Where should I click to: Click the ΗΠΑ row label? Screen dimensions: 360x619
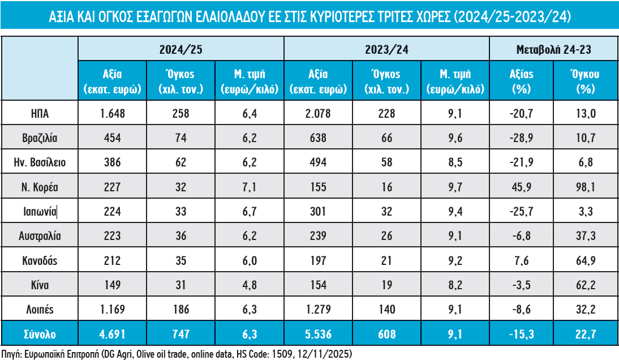click(40, 114)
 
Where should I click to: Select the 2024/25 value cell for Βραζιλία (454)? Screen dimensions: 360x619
click(111, 138)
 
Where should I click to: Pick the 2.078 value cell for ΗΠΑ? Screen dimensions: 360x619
click(318, 114)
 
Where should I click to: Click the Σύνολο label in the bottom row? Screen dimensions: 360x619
click(40, 334)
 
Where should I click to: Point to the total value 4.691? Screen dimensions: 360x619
click(111, 334)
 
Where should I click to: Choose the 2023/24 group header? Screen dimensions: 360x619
click(386, 49)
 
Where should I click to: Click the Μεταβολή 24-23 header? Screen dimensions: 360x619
click(554, 49)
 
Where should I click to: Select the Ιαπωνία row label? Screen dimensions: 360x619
click(40, 212)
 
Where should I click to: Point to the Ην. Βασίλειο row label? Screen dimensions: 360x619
click(40, 163)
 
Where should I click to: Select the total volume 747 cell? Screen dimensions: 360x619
click(180, 334)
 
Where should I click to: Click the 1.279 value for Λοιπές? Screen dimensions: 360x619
click(318, 310)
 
